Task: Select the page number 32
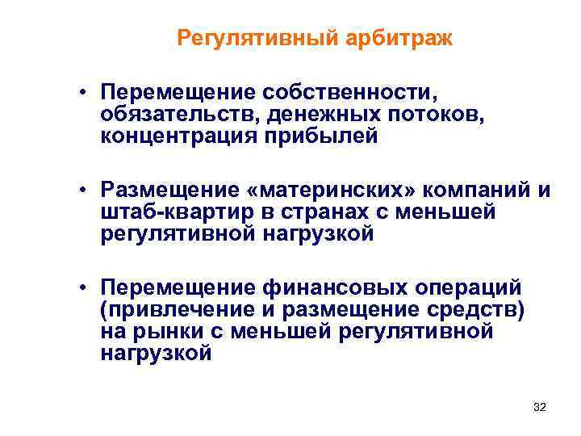540,409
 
